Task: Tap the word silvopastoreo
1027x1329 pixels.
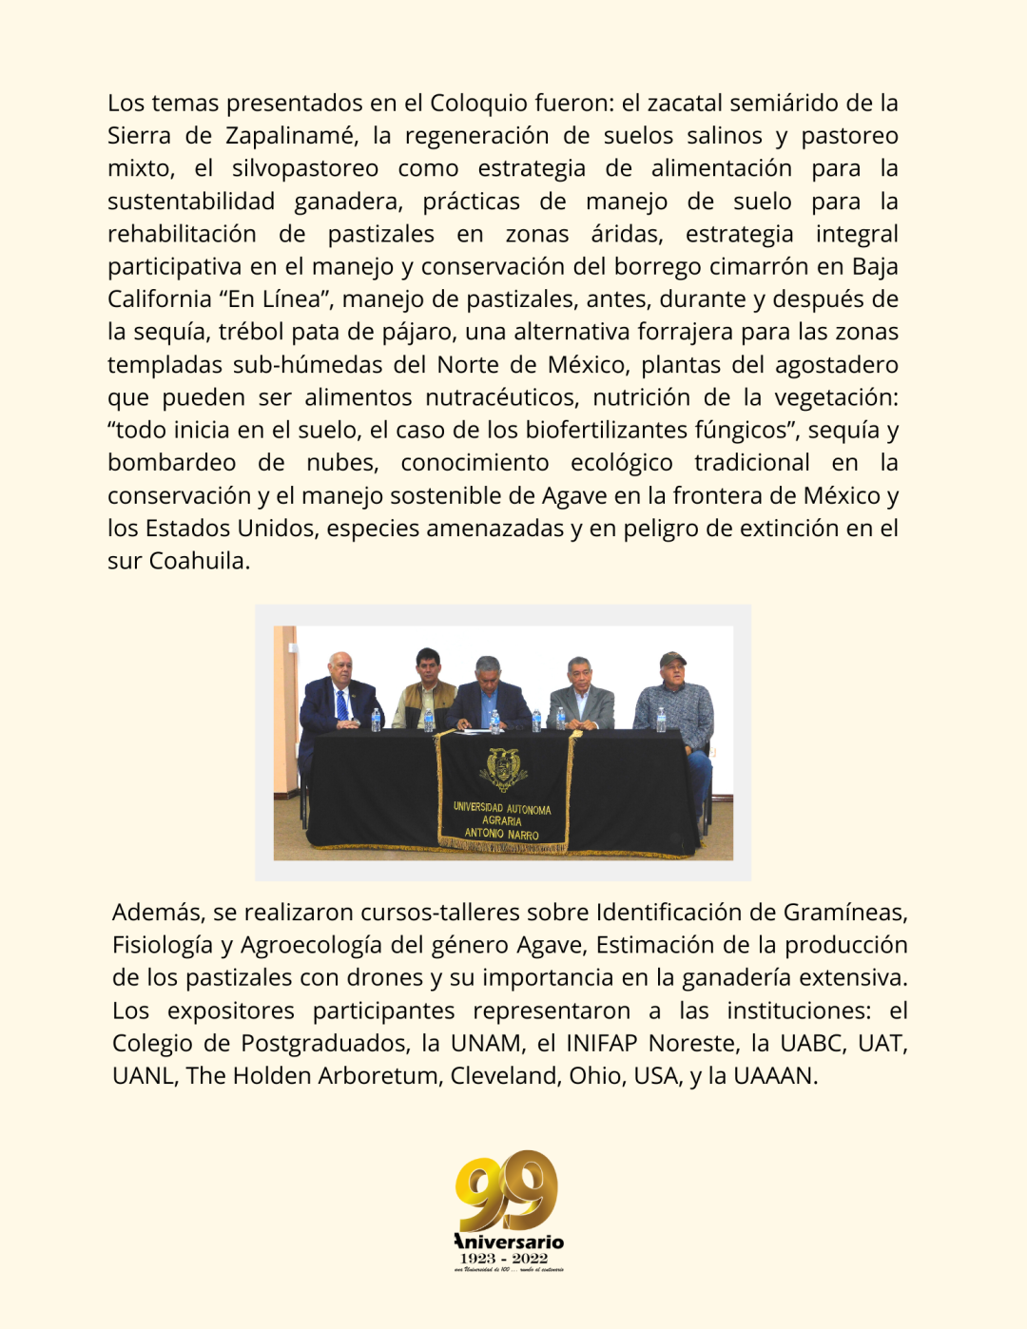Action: click(304, 168)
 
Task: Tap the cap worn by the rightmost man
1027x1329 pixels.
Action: click(673, 659)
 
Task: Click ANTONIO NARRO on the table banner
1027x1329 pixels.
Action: click(501, 834)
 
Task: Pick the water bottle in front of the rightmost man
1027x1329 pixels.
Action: click(661, 720)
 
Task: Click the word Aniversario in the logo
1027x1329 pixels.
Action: click(509, 1242)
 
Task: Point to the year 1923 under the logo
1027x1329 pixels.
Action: click(479, 1258)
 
